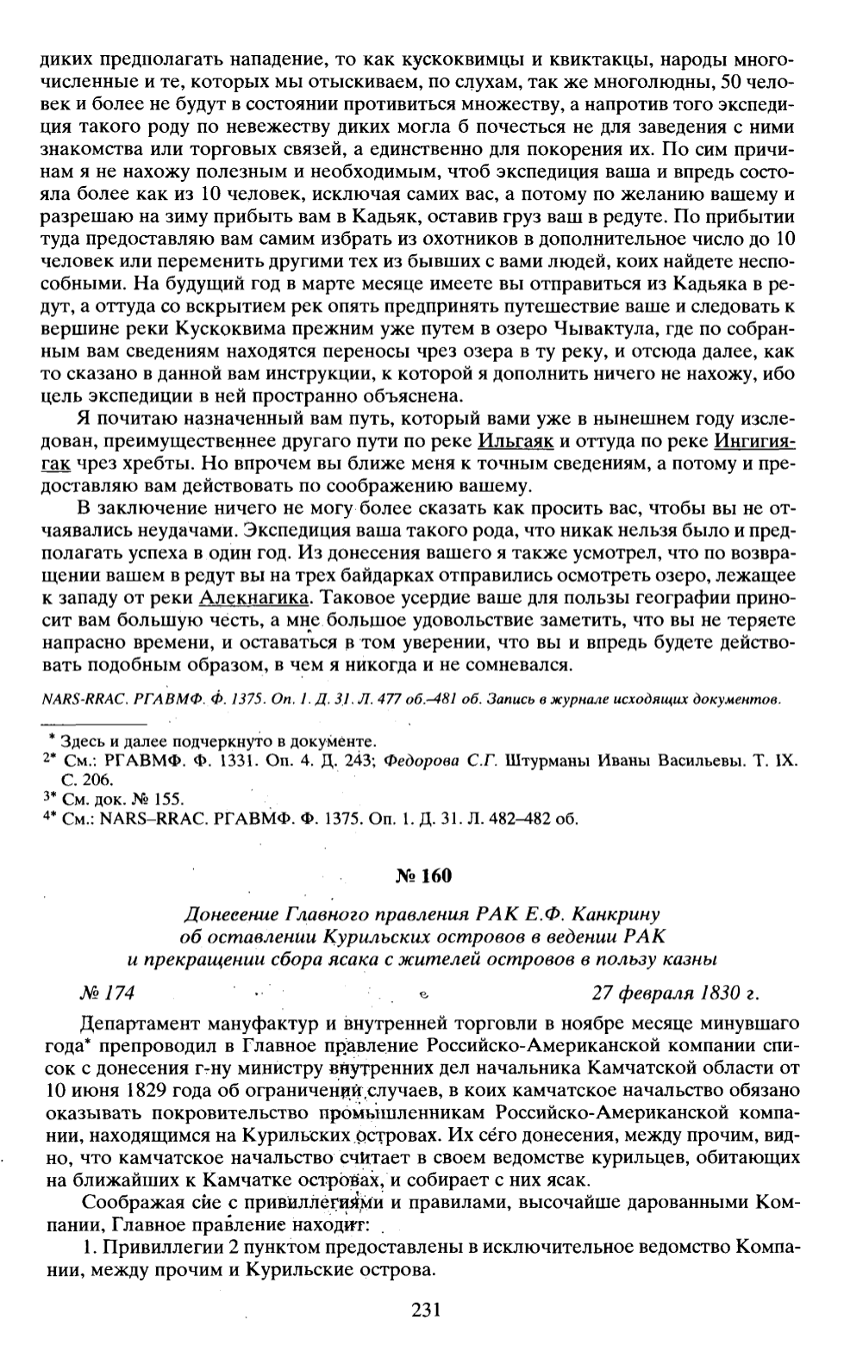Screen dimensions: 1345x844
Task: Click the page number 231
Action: point(422,1310)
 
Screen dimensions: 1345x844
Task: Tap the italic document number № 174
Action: point(108,992)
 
